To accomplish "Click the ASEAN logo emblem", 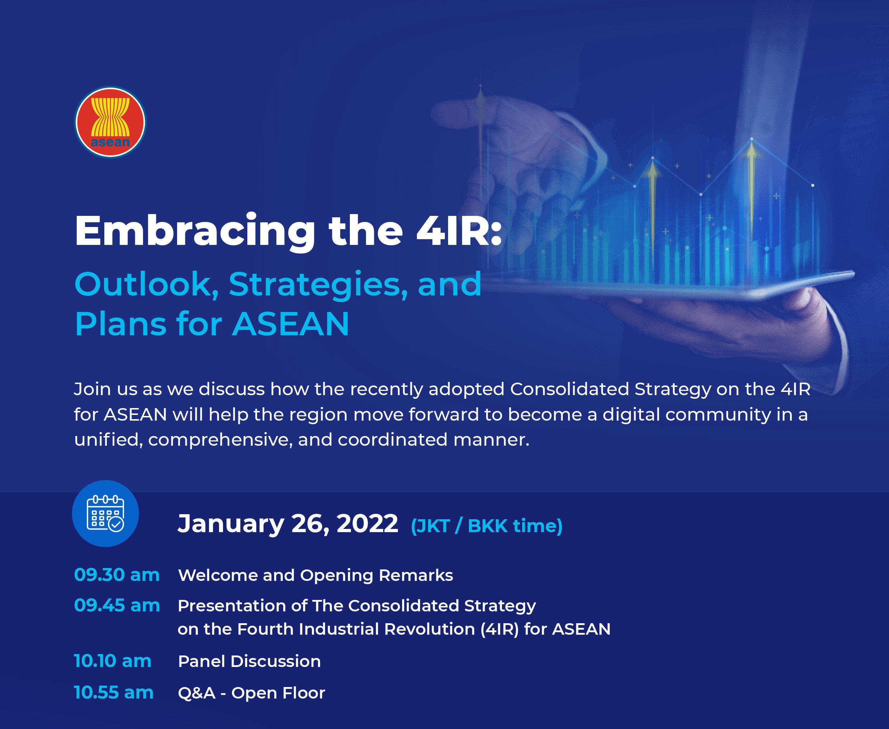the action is (x=110, y=122).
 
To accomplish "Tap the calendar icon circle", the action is (x=105, y=513).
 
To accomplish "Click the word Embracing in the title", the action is (x=195, y=232).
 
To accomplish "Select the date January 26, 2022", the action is (x=288, y=524).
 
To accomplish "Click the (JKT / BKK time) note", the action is (x=487, y=526).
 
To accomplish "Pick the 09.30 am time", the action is (x=117, y=575).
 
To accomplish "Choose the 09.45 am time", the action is (x=117, y=605).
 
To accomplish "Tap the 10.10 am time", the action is (x=113, y=661).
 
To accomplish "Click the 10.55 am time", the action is (x=114, y=692).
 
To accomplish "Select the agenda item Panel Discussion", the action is (x=249, y=661).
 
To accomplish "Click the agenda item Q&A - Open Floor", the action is (x=251, y=693).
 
